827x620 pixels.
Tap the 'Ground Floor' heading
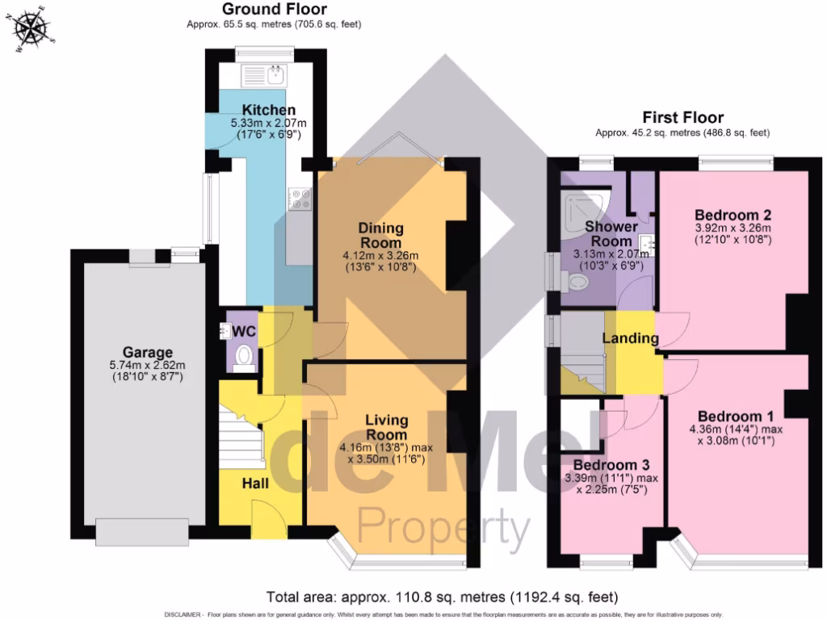pyautogui.click(x=274, y=10)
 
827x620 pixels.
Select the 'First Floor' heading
pyautogui.click(x=682, y=118)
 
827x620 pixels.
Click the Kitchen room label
pyautogui.click(x=269, y=111)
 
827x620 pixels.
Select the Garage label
pyautogui.click(x=148, y=353)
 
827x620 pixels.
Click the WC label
pyautogui.click(x=244, y=331)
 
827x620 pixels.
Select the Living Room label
pyautogui.click(x=386, y=427)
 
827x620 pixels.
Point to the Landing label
pyautogui.click(x=631, y=338)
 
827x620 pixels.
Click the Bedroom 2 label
pyautogui.click(x=733, y=216)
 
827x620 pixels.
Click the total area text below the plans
pyautogui.click(x=442, y=597)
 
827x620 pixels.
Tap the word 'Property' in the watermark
pyautogui.click(x=443, y=528)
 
